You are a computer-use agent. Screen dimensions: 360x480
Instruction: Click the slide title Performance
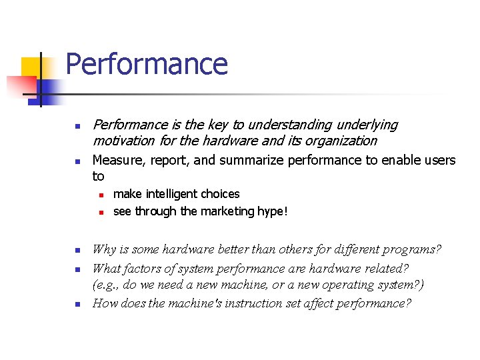pos(147,64)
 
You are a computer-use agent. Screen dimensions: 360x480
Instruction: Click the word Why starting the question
pos(104,250)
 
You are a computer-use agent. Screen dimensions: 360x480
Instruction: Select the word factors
pos(145,268)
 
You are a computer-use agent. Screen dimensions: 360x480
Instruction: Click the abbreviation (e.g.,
pos(107,285)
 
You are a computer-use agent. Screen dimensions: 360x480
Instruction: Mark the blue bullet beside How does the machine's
pos(77,305)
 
